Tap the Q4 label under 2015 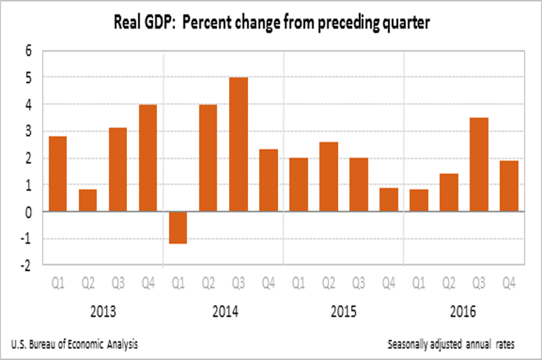(388, 285)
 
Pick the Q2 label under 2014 (208, 285)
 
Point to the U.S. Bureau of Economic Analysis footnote (74, 344)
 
